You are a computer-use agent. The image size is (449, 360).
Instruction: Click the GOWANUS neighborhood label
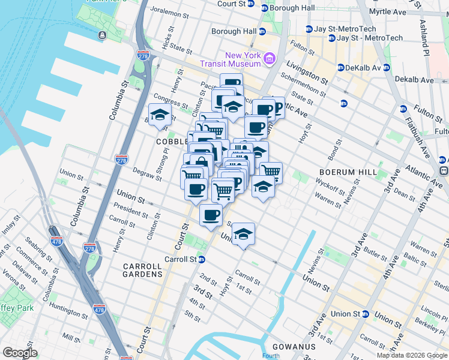[294, 347]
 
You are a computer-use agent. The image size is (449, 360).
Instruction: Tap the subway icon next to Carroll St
[202, 260]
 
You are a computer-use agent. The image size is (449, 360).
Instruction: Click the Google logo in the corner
[20, 353]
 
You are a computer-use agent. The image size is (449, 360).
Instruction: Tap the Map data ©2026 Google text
[412, 355]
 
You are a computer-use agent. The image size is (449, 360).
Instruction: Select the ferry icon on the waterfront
[102, 34]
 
